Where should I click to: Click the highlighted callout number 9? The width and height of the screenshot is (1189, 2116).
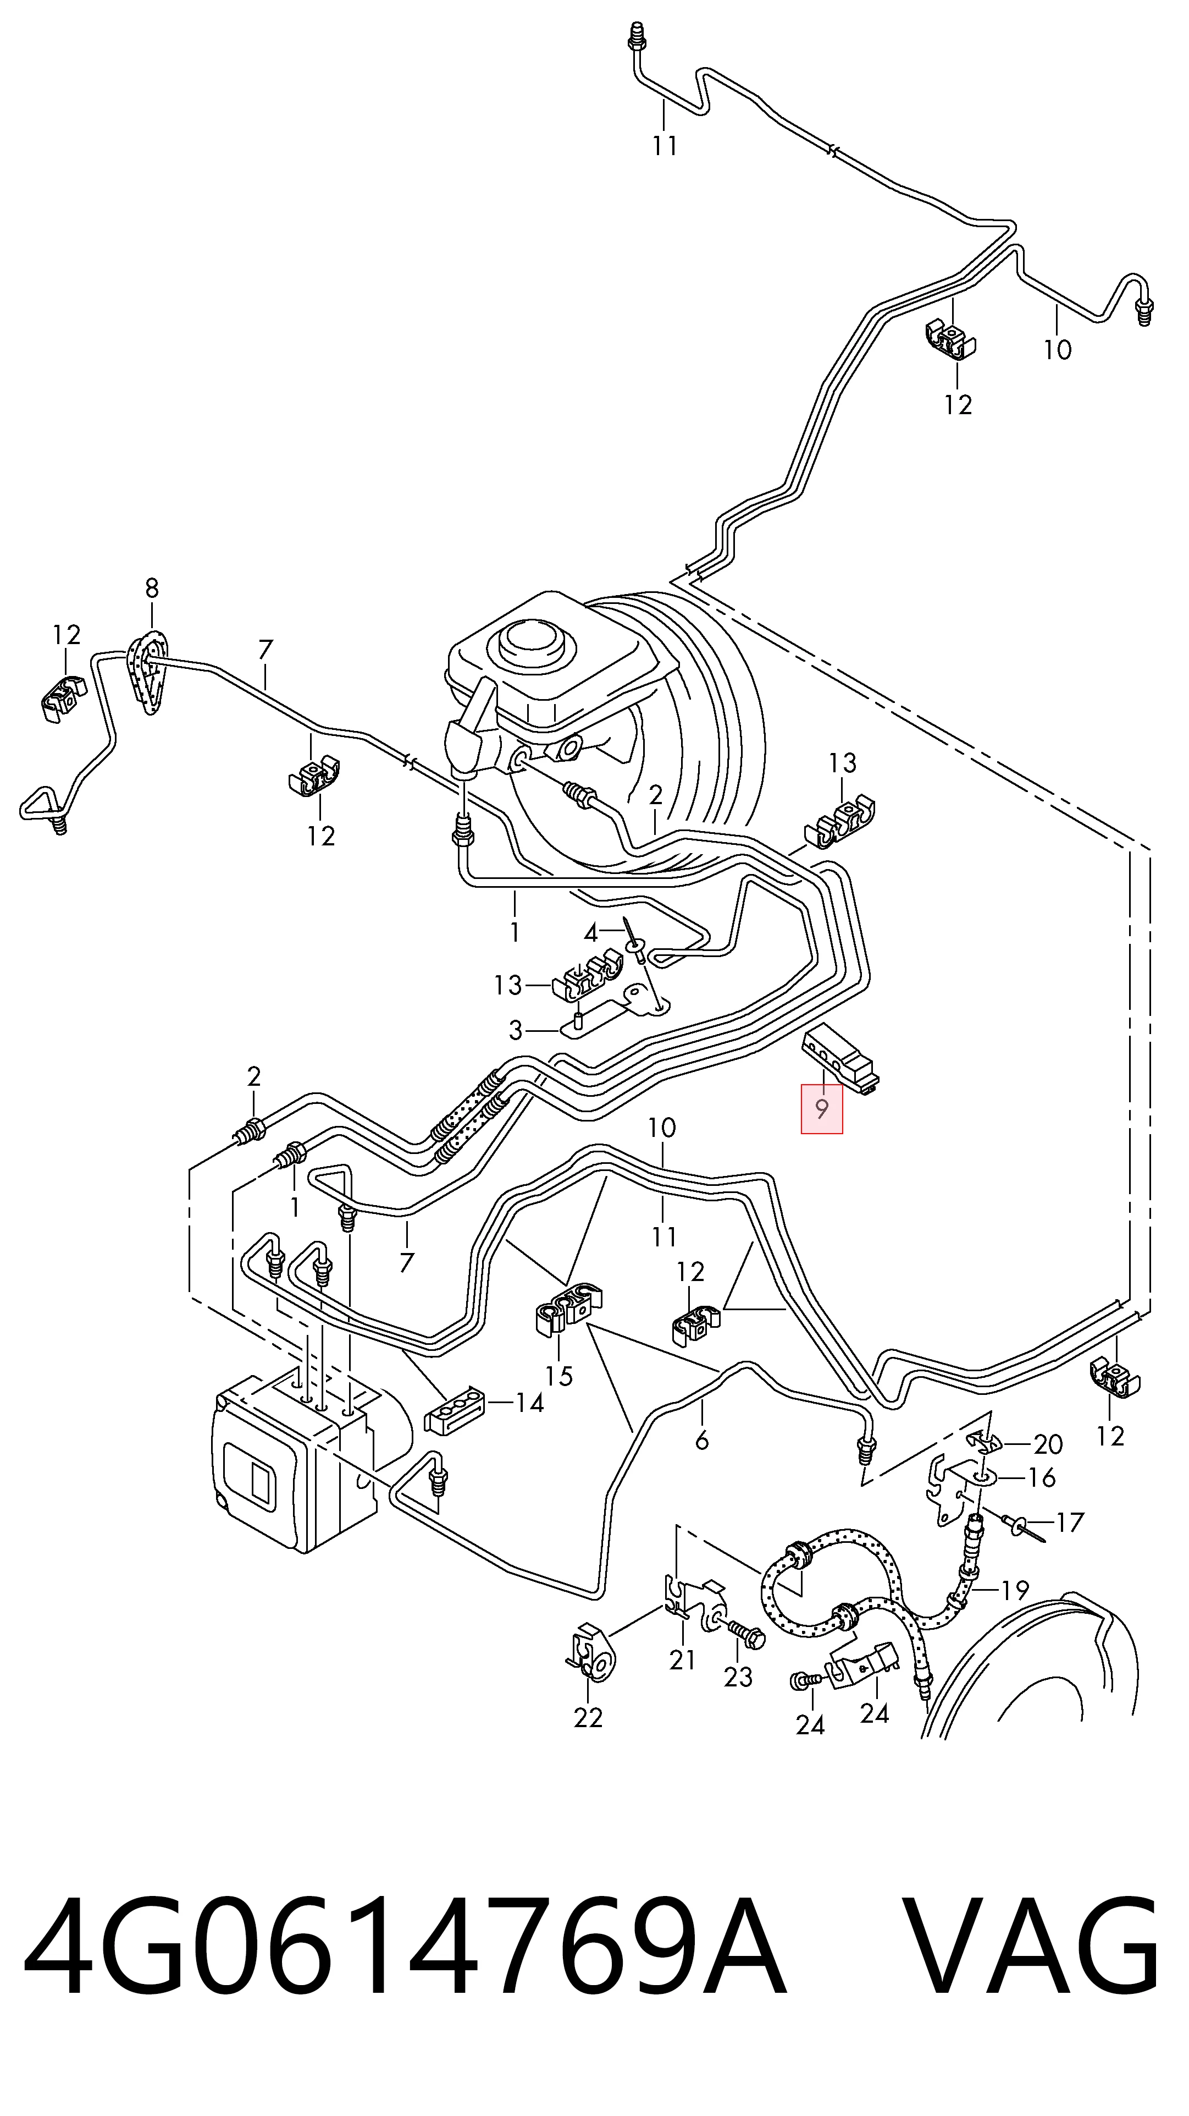tap(822, 1109)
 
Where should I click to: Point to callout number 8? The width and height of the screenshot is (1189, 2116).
tap(152, 588)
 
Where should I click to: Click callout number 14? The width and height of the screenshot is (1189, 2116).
tap(529, 1403)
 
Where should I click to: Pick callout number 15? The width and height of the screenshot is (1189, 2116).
tap(559, 1376)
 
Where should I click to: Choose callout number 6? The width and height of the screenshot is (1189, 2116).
tap(702, 1440)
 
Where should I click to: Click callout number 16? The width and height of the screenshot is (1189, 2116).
tap(1042, 1478)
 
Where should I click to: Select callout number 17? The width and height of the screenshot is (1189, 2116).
tap(1070, 1523)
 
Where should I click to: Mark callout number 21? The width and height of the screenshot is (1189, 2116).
tap(682, 1660)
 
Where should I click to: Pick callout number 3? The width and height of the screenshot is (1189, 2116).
tap(516, 1030)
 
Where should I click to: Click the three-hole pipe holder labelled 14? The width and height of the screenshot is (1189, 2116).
tap(454, 1411)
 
